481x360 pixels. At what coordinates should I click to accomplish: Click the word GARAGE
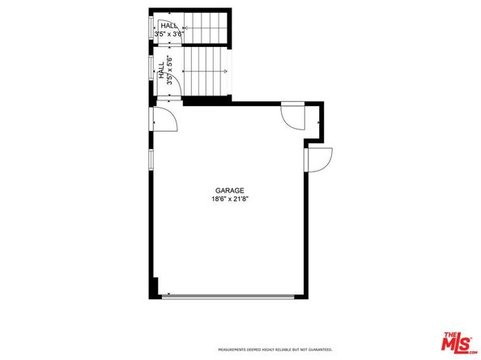230,190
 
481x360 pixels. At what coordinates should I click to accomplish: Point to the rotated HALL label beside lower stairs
171,70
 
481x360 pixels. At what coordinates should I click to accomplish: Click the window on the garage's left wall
151,159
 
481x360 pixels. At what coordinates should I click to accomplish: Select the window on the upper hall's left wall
151,28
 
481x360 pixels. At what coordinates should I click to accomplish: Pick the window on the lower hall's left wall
151,68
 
